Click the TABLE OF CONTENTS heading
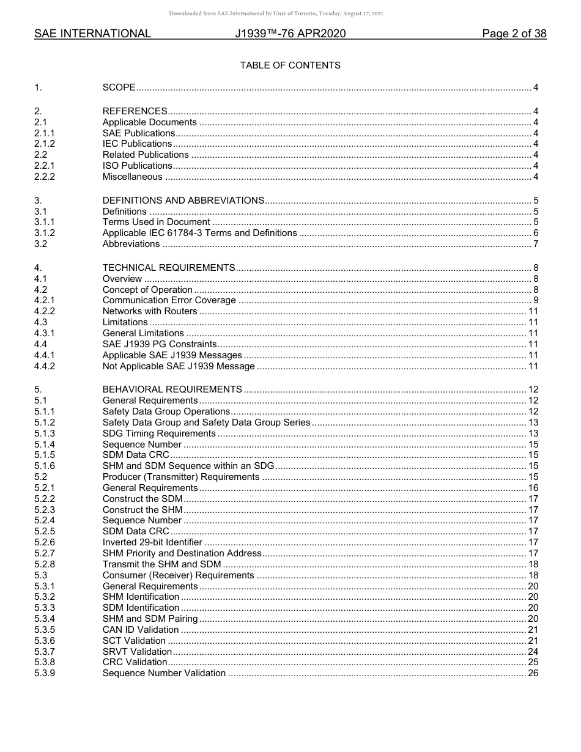point(290,65)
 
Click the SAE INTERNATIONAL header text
point(92,34)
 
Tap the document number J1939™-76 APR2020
point(290,34)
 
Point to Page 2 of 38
point(514,34)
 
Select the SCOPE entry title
point(119,87)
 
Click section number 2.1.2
point(45,144)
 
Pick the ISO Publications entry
point(137,166)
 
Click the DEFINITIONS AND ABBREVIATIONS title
point(183,201)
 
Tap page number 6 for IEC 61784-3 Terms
point(535,233)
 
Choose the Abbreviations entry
point(131,244)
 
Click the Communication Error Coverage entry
point(169,300)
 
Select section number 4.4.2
point(45,366)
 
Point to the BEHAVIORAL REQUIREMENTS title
point(172,389)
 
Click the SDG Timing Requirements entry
point(159,433)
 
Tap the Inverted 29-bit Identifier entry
point(152,542)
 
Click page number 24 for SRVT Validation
point(533,652)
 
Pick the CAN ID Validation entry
point(141,630)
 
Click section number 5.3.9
point(45,673)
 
